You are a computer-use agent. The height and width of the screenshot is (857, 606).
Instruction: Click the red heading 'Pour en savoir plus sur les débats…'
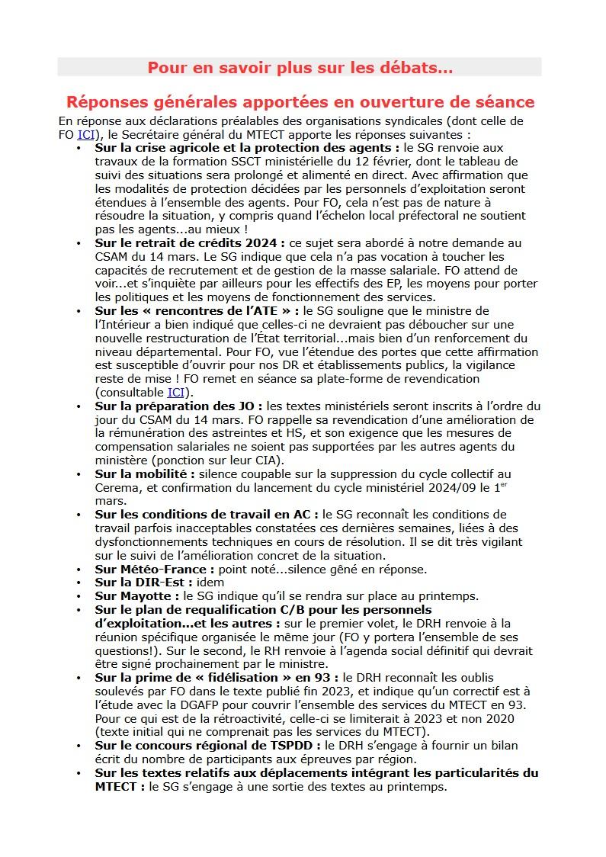coord(300,68)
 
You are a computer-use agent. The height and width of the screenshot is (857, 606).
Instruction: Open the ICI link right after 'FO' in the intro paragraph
coord(86,135)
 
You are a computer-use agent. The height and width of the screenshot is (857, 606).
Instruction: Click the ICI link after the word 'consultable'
coord(175,392)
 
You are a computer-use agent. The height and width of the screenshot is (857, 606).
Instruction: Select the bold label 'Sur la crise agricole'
coord(156,148)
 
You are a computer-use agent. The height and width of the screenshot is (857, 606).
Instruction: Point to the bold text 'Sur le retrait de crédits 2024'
coord(189,243)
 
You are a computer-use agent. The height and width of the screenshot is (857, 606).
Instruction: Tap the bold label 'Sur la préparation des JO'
coord(178,406)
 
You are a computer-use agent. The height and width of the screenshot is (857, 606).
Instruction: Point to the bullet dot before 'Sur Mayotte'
coord(79,595)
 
